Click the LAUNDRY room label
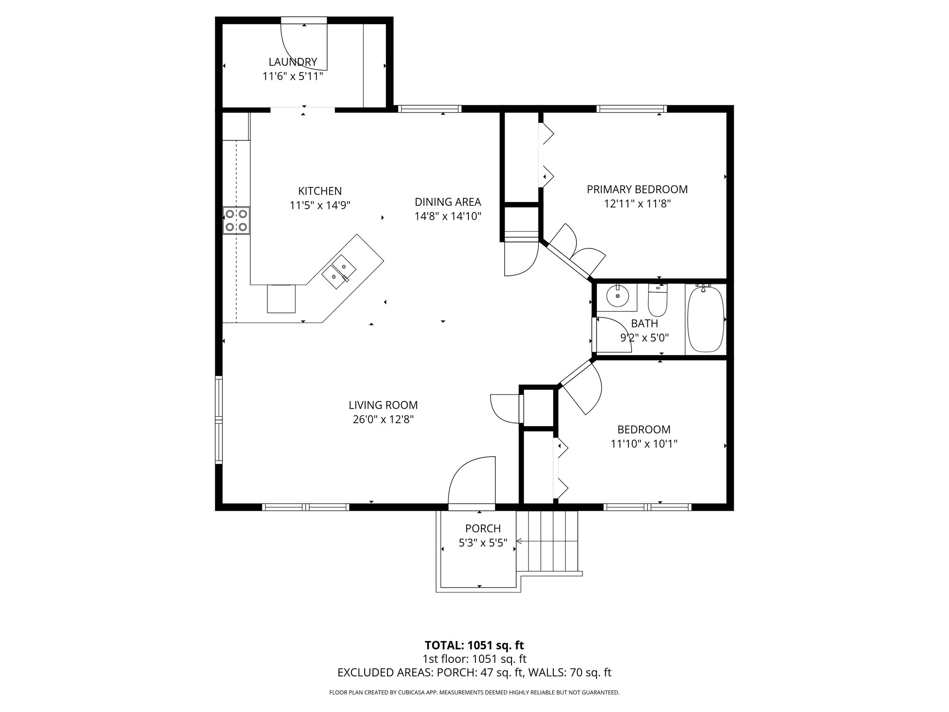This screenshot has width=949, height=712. [x=292, y=62]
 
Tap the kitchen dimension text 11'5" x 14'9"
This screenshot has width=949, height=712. [x=320, y=205]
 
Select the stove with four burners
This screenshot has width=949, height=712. [x=236, y=221]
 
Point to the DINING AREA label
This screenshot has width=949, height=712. [x=448, y=202]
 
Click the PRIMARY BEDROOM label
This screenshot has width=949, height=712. [x=637, y=189]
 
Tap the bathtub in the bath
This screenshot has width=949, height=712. [x=705, y=319]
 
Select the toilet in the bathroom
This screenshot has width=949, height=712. [x=657, y=300]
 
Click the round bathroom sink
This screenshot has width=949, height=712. [x=618, y=296]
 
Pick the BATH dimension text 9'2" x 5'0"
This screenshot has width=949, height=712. [x=644, y=338]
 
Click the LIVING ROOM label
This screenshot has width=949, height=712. [x=383, y=405]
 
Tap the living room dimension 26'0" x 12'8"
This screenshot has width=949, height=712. [x=383, y=420]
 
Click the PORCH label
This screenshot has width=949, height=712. [x=483, y=528]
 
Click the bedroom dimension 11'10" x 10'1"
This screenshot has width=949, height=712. [x=644, y=444]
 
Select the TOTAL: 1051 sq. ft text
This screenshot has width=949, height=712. [x=474, y=645]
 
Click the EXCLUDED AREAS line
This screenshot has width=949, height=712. [x=474, y=673]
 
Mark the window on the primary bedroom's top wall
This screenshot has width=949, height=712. [x=631, y=109]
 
